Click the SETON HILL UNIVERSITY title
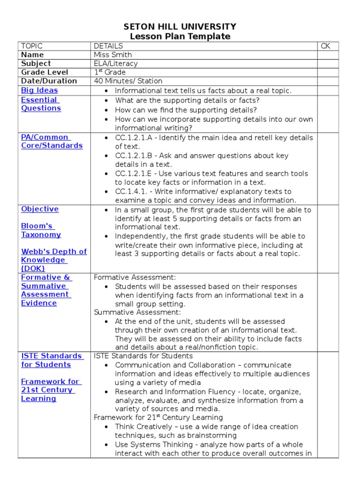coord(180,27)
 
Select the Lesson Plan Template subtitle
coord(180,37)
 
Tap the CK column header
coord(326,46)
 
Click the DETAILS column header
coord(108,46)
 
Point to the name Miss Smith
coord(113,55)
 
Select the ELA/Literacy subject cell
coord(116,63)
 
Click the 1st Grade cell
coord(110,72)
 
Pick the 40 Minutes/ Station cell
coord(128,81)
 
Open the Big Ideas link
coord(39,90)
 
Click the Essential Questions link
coord(41,104)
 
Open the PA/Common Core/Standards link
coord(52,142)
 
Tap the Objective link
coord(40,209)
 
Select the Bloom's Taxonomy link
coord(41,230)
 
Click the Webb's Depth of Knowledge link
coord(53,260)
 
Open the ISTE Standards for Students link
coord(52,360)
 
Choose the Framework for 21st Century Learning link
coord(50,390)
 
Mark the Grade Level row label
coord(45,72)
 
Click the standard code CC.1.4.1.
coord(132,191)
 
